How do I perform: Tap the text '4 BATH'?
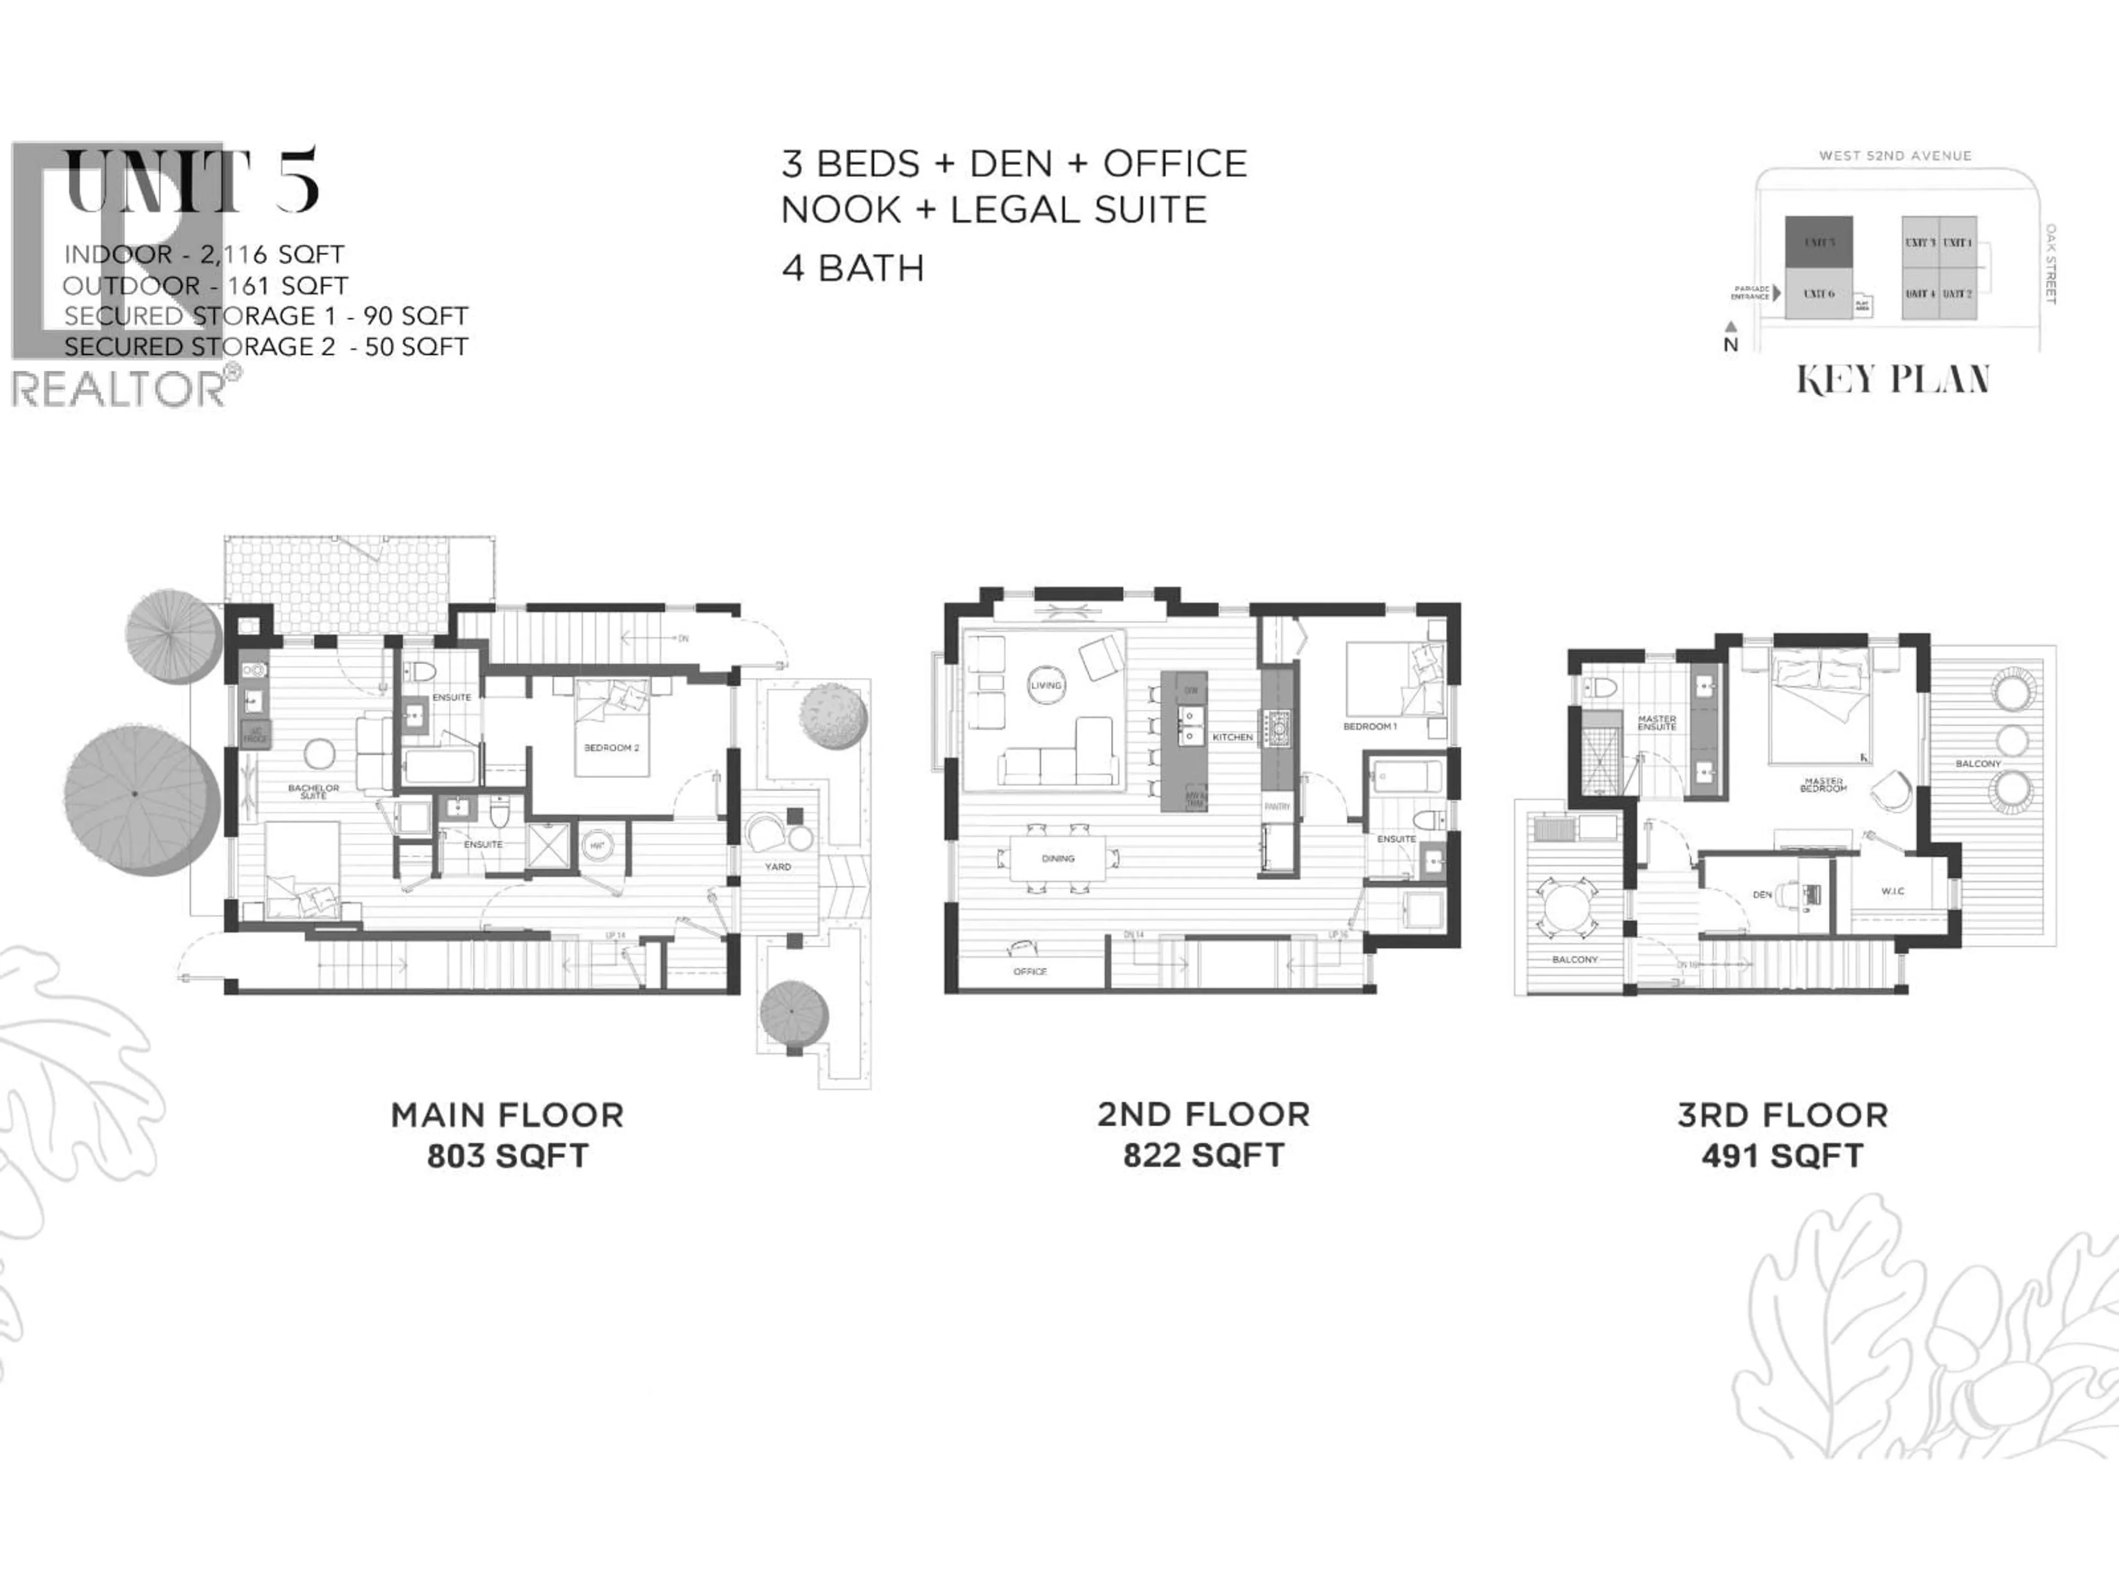[x=853, y=268]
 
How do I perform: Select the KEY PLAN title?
[x=1893, y=380]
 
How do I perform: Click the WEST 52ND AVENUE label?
[x=1895, y=155]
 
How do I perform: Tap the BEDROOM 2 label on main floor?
[x=611, y=747]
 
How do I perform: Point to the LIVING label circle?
[x=1046, y=685]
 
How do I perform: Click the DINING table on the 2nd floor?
[x=1058, y=858]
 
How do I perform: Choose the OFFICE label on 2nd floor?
[x=1030, y=971]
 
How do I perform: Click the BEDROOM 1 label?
[x=1370, y=726]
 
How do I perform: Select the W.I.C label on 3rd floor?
[x=1892, y=891]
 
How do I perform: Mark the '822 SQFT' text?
[x=1203, y=1155]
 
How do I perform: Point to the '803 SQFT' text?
[x=508, y=1156]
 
